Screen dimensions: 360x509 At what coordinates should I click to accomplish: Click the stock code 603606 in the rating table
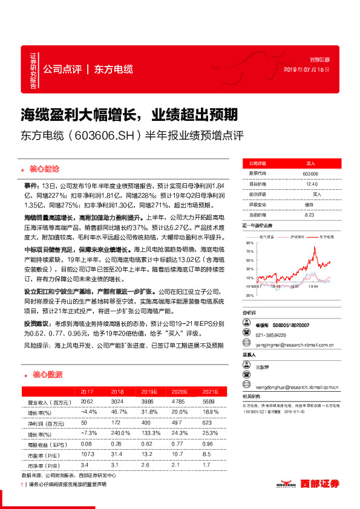[310, 173]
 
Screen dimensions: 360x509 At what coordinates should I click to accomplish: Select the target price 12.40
[311, 184]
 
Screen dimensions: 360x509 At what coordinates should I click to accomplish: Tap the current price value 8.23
[310, 214]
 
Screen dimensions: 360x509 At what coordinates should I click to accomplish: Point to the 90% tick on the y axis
[250, 243]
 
